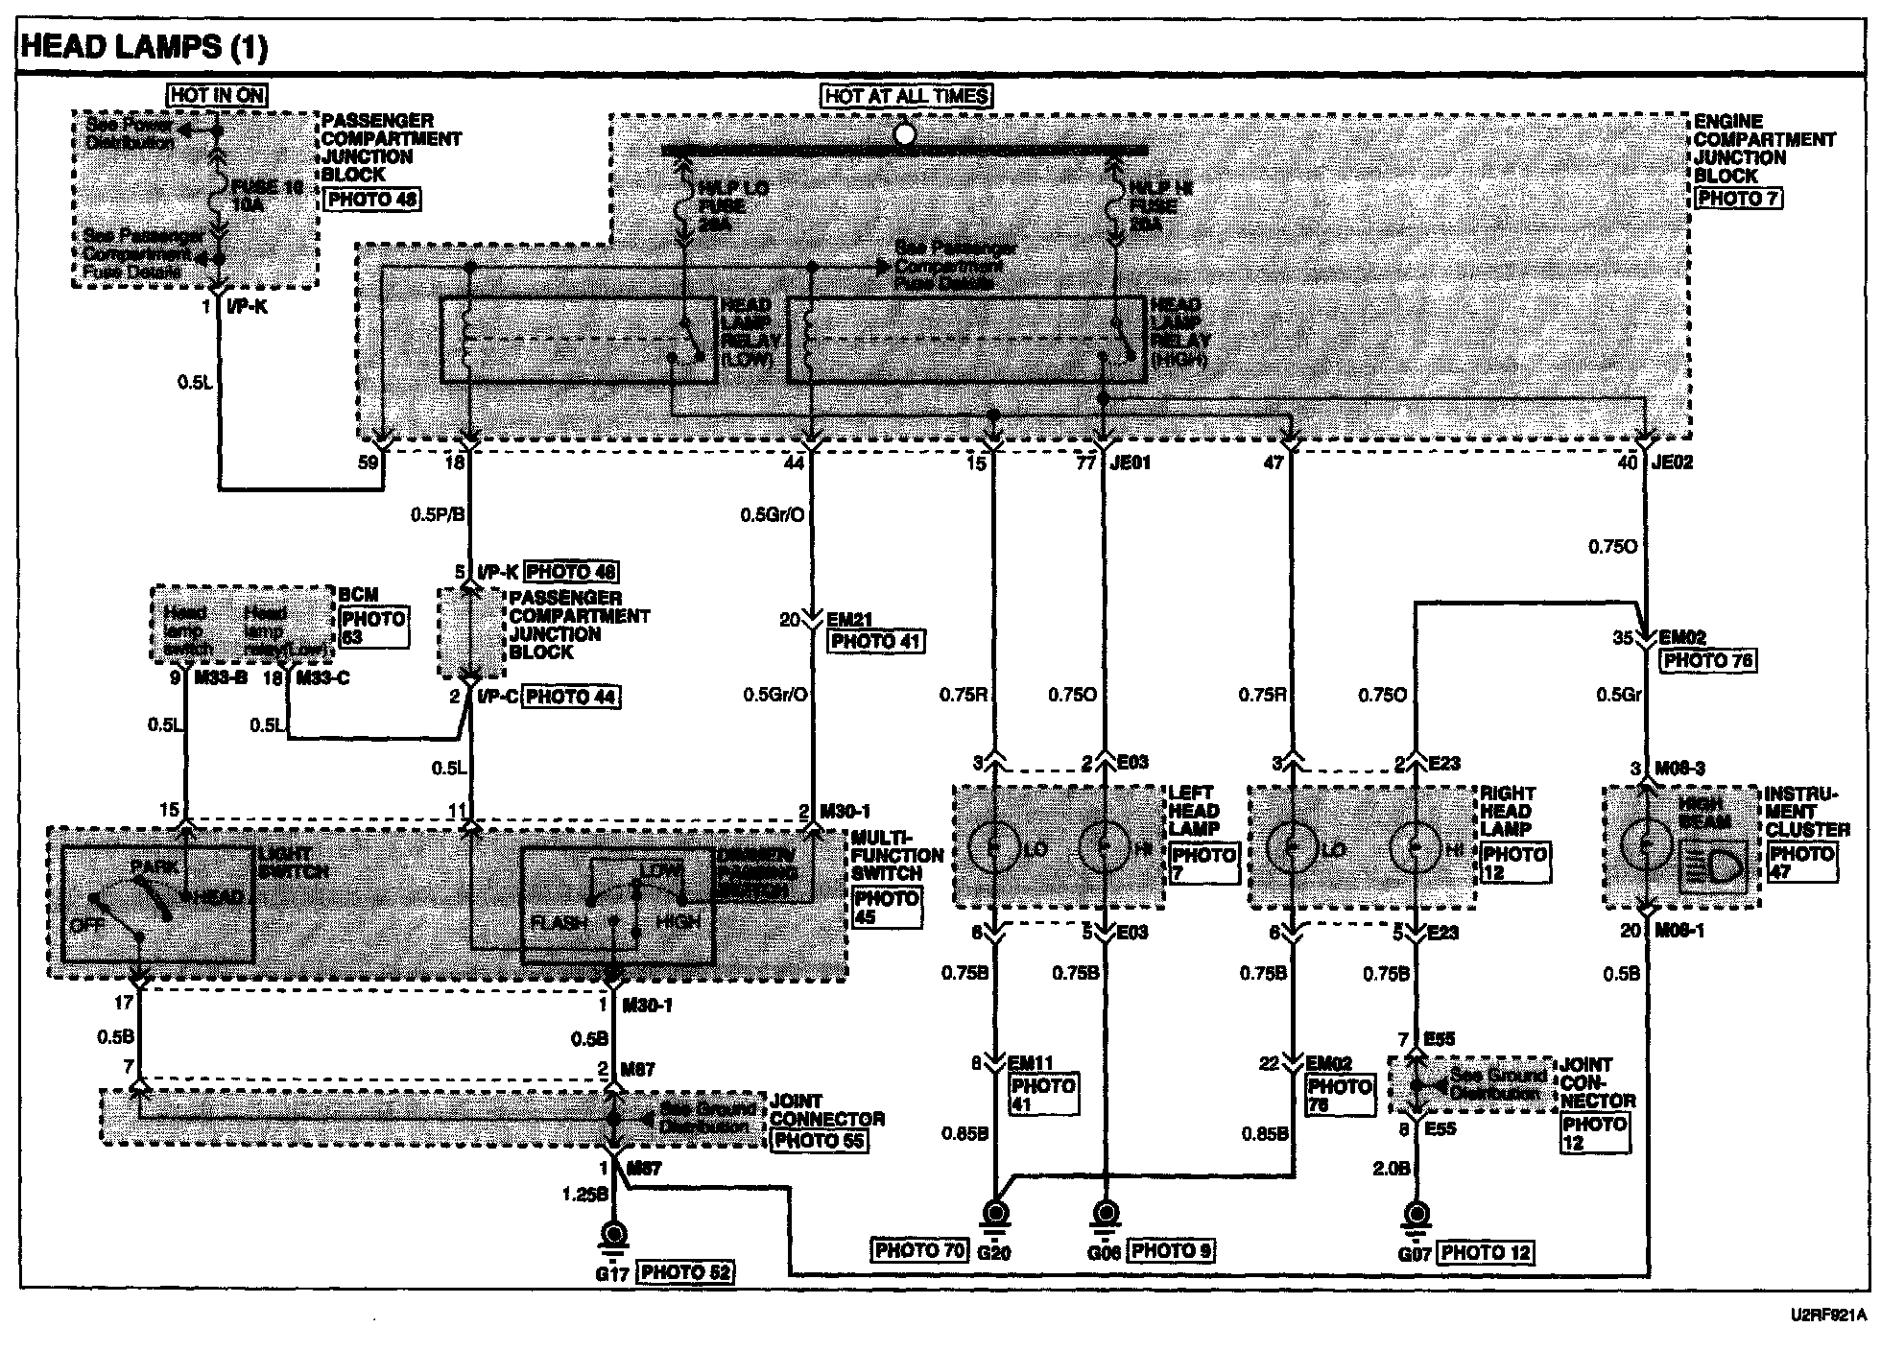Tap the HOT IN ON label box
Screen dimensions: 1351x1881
217,95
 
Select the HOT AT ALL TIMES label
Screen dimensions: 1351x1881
907,96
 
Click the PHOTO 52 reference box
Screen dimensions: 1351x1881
686,1272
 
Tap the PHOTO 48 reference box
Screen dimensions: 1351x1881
372,200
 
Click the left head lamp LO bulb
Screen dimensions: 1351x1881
994,846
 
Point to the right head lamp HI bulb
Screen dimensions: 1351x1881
1415,847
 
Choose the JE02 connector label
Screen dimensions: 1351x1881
1672,462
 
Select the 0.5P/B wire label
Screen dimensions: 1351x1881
438,515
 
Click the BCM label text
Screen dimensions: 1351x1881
358,595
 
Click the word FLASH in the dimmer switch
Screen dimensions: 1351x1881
559,922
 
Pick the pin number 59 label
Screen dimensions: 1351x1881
369,462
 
